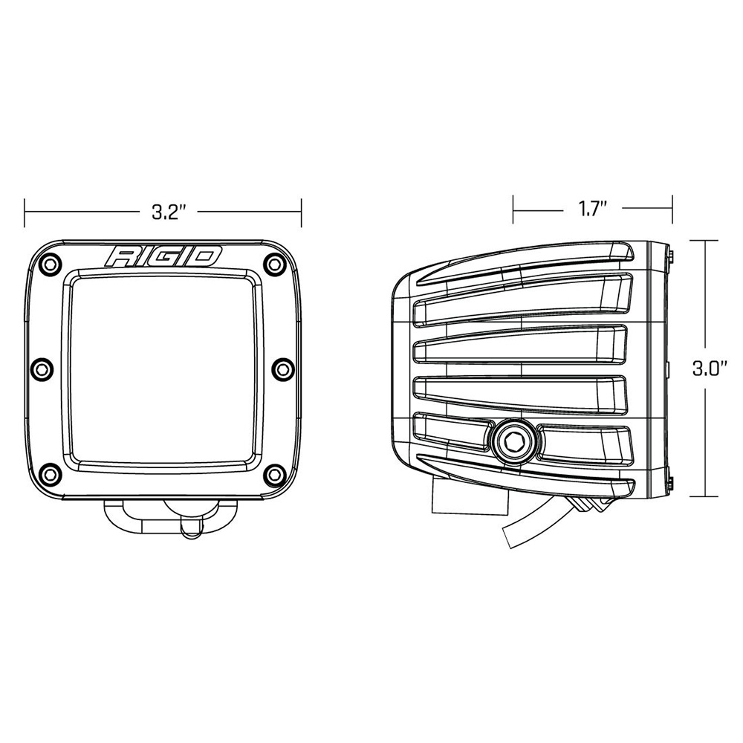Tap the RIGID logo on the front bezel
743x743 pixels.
(x=163, y=257)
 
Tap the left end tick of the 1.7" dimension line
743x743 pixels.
(x=513, y=209)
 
